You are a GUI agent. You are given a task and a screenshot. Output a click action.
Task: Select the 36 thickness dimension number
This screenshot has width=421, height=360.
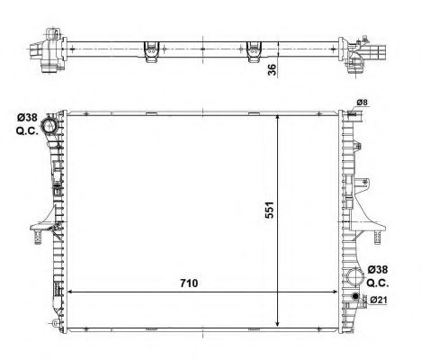273,68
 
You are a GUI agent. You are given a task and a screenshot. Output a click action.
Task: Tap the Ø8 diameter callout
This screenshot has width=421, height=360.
363,103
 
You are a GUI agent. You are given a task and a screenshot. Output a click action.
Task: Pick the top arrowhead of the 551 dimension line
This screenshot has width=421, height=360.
282,121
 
